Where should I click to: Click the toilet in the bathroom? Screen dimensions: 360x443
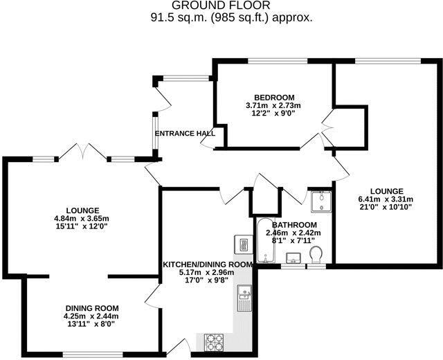click(x=317, y=255)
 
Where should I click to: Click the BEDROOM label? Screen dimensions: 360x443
click(x=274, y=96)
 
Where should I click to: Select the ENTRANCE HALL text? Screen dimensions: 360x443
click(x=184, y=133)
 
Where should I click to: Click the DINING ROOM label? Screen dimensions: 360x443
click(x=92, y=308)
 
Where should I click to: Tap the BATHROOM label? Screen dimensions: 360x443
click(x=294, y=225)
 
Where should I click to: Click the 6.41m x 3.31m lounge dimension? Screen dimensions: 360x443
click(x=386, y=199)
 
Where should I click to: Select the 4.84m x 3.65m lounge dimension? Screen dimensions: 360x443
click(x=82, y=219)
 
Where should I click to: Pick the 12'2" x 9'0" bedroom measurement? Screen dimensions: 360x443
click(x=274, y=114)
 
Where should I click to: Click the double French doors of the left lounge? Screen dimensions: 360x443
click(x=82, y=152)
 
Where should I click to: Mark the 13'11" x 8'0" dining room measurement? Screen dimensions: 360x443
click(x=92, y=323)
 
